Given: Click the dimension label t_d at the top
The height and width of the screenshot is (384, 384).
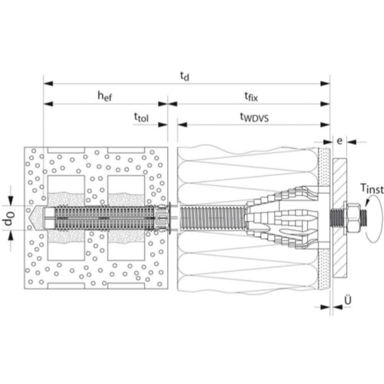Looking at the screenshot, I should click(x=184, y=75).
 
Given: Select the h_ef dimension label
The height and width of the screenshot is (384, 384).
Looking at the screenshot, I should click(x=105, y=96).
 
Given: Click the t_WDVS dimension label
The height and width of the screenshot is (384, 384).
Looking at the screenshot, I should click(x=254, y=117).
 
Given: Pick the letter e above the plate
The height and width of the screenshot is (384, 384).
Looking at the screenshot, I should click(x=339, y=141).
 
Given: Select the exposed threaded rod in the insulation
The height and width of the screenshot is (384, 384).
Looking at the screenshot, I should click(x=211, y=219).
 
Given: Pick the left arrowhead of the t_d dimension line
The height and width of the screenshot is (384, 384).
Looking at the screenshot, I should click(x=47, y=83).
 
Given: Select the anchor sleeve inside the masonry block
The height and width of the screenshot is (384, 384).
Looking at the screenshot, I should click(x=106, y=219).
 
